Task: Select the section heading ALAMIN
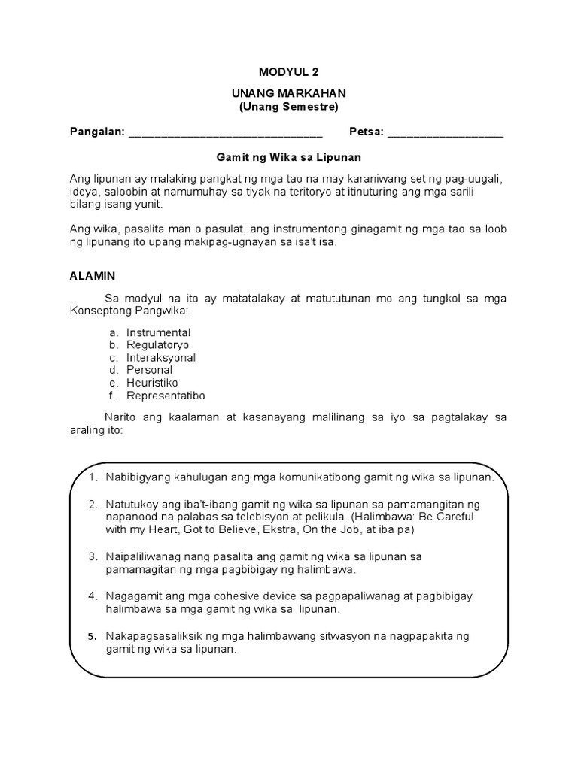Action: pyautogui.click(x=93, y=276)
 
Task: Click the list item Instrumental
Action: pyautogui.click(x=158, y=332)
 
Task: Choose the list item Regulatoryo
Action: pyautogui.click(x=158, y=345)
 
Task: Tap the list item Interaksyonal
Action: pyautogui.click(x=161, y=358)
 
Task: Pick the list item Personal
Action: pyautogui.click(x=149, y=370)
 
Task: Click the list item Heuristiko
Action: pyautogui.click(x=152, y=383)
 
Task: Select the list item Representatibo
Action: pyautogui.click(x=166, y=396)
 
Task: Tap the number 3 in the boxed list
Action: pyautogui.click(x=91, y=556)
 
